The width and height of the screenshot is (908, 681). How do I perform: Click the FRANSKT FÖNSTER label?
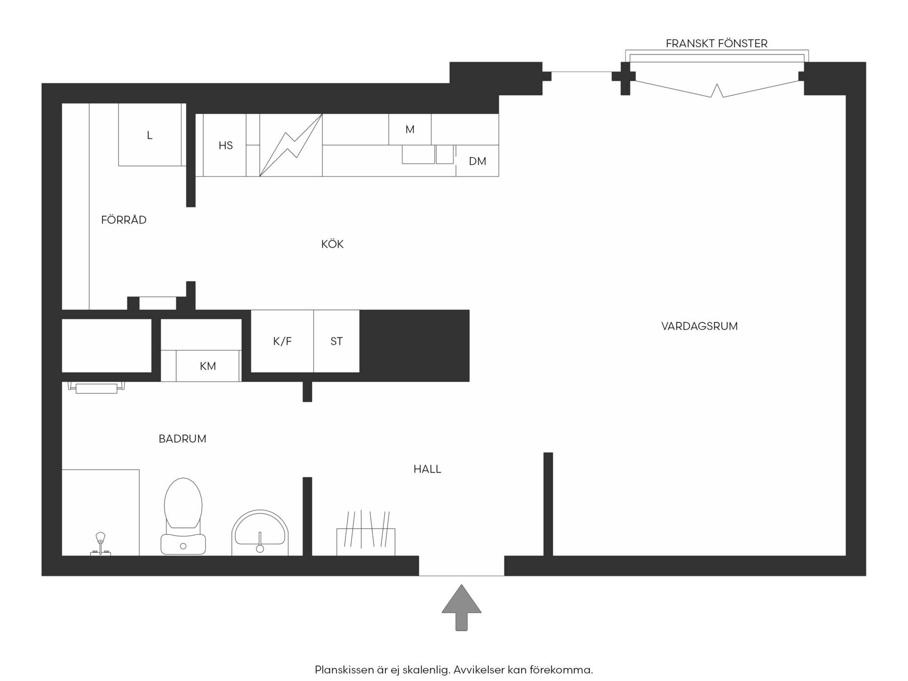[x=716, y=43]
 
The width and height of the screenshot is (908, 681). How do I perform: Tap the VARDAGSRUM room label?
[x=699, y=326]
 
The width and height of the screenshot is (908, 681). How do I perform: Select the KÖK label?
[x=332, y=244]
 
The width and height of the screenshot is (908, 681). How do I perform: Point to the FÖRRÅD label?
[x=124, y=220]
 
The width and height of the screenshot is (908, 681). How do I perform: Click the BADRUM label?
[x=182, y=439]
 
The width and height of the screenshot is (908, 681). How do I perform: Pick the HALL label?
[x=427, y=469]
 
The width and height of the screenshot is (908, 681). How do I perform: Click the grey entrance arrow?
[x=462, y=607]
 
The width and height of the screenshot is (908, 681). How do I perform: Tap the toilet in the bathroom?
[x=183, y=516]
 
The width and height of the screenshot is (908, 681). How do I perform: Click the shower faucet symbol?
[x=100, y=544]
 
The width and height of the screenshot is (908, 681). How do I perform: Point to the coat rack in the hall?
[x=366, y=534]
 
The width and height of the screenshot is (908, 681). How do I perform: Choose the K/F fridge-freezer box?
[x=282, y=341]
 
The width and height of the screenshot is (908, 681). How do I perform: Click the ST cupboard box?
[x=336, y=341]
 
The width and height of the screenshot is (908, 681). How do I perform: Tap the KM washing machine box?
[x=207, y=366]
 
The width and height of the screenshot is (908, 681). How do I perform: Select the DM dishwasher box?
[x=477, y=161]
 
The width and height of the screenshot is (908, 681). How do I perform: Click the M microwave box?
[x=410, y=130]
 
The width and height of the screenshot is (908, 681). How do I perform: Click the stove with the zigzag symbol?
[x=291, y=145]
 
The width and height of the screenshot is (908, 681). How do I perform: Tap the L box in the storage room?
[x=150, y=135]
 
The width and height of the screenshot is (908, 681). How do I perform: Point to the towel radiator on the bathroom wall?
[x=96, y=388]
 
